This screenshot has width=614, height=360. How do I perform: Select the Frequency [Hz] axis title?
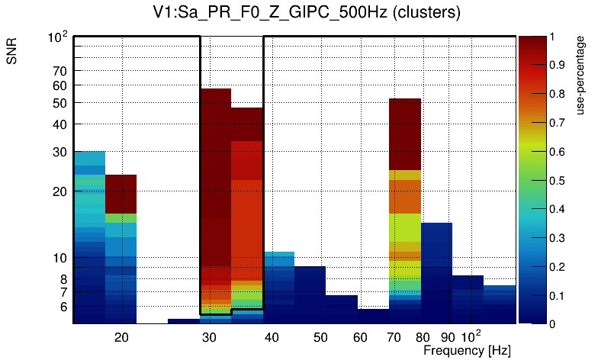click(467, 350)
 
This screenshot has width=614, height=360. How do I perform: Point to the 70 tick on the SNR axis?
click(60, 71)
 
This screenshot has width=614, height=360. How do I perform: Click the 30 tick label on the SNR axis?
click(60, 152)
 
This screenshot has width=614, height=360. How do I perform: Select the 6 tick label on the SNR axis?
click(63, 307)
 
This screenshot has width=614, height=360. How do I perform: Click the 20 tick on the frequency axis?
click(121, 337)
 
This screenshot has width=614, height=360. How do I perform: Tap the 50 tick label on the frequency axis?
click(320, 337)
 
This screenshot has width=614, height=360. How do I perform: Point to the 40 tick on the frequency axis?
click(272, 337)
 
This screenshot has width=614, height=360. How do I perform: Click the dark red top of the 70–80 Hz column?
click(405, 133)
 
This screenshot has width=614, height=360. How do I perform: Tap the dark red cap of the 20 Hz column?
click(121, 194)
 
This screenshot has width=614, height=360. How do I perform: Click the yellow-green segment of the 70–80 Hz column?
click(405, 229)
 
